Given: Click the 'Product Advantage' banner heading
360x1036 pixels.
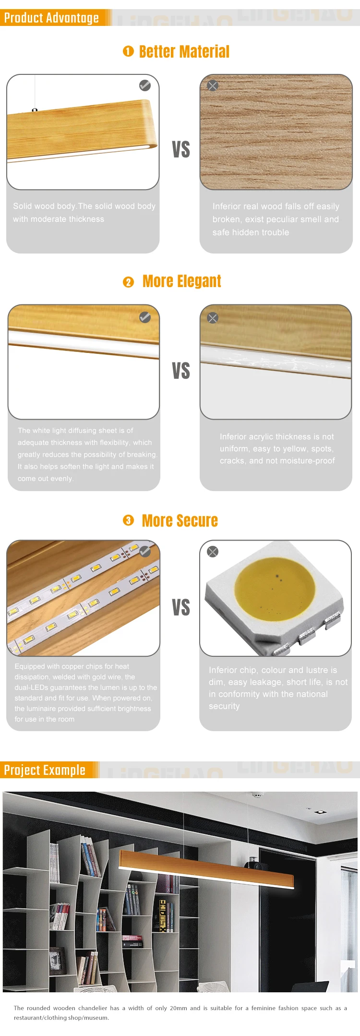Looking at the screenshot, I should [51, 18].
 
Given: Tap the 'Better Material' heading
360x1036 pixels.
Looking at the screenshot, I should [184, 52].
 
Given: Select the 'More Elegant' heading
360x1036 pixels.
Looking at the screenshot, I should [181, 281].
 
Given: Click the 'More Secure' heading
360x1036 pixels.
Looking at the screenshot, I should [180, 521].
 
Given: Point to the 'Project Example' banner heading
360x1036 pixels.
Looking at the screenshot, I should [45, 770].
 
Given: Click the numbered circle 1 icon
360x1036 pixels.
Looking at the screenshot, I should [128, 51].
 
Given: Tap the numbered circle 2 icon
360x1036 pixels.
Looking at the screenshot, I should [128, 282].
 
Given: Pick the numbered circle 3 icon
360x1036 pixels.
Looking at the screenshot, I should [128, 520].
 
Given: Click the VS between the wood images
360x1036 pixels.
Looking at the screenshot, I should [181, 149].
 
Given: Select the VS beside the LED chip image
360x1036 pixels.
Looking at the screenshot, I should [181, 607].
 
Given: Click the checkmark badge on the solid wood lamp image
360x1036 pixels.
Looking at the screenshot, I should [145, 85].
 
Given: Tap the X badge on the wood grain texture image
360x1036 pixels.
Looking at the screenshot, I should [213, 85].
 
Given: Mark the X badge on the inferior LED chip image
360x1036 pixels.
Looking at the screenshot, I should [213, 552].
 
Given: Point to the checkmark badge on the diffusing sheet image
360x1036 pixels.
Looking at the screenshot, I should [145, 317].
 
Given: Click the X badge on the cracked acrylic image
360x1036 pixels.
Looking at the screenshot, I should [213, 318].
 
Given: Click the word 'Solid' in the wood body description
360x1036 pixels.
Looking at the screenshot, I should [22, 206].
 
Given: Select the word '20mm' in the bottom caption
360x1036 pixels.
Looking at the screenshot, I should [178, 1008].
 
